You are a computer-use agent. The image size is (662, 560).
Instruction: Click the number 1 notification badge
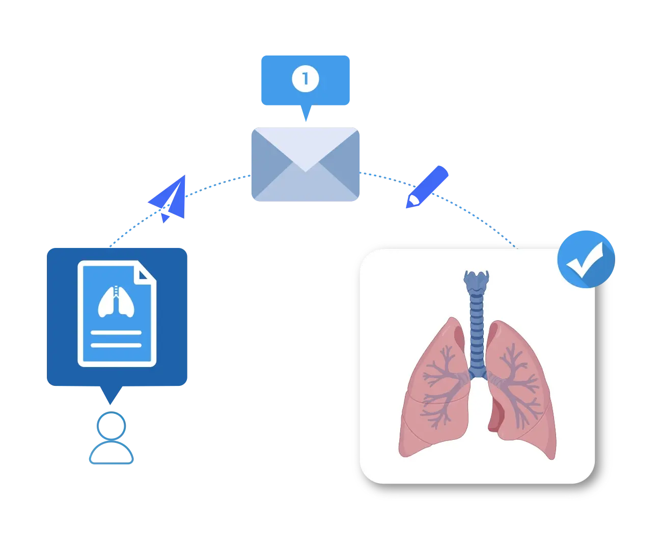(305, 79)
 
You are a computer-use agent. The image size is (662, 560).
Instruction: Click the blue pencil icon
(427, 187)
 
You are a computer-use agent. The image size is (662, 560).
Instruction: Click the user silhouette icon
(111, 440)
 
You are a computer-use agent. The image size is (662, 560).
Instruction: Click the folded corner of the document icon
(146, 273)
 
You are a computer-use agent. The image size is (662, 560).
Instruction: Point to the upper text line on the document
(116, 332)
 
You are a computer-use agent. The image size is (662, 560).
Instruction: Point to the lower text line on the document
(116, 345)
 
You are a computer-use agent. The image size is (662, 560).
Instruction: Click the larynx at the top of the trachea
(476, 281)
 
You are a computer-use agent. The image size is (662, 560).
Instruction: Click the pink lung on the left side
(433, 392)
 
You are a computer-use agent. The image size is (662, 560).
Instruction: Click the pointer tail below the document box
(111, 396)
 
